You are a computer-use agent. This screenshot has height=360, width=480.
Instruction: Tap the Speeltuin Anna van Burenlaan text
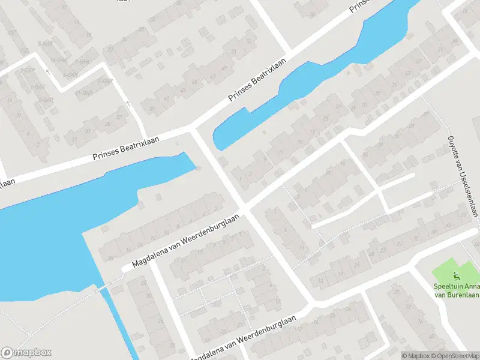coord(455,290)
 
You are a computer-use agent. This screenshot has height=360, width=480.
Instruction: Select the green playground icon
coord(456,277)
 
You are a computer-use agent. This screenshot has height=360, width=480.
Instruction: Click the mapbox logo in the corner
coord(26,352)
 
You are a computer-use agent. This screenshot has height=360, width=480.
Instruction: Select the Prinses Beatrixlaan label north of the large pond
coord(126,146)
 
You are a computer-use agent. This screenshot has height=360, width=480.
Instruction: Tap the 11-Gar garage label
coord(85,92)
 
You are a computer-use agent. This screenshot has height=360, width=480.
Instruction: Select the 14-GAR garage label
coord(58,61)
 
